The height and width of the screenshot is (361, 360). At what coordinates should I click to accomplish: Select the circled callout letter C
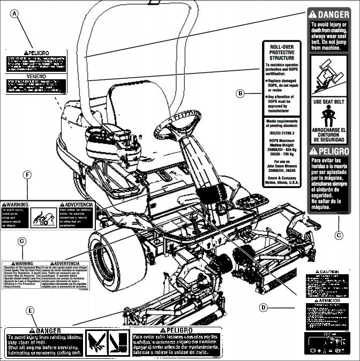tap(339, 234)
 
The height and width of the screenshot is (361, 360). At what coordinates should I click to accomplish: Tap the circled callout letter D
tap(263, 307)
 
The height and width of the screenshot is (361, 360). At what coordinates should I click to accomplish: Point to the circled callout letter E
tap(31, 311)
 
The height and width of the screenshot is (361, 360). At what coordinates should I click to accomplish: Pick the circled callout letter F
tap(27, 175)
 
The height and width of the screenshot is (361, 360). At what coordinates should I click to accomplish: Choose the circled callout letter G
tap(22, 241)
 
